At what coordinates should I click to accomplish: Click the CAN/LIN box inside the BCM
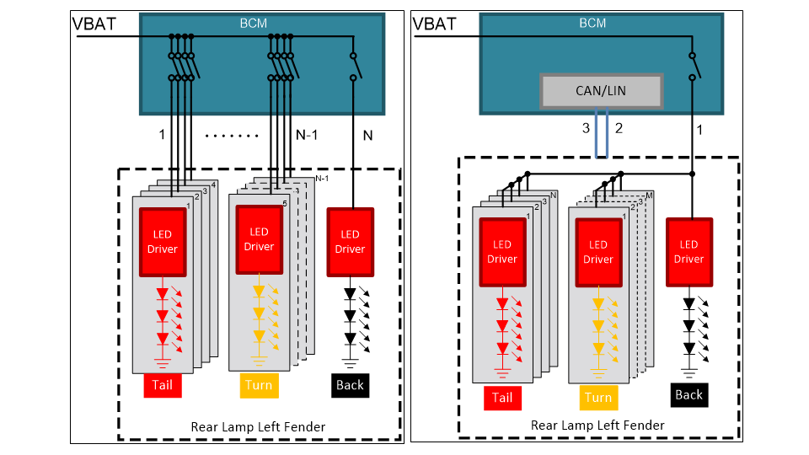[x=601, y=90]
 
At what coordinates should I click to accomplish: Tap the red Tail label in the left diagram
[x=161, y=386]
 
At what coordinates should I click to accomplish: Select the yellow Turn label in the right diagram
[x=598, y=398]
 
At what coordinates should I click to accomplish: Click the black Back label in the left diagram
[x=349, y=385]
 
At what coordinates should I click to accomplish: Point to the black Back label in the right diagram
[x=688, y=394]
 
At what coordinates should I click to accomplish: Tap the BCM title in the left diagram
[x=254, y=24]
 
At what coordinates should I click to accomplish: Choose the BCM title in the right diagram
[x=592, y=24]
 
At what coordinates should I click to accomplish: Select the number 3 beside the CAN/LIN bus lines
[x=585, y=129]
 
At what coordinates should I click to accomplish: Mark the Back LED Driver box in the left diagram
[x=350, y=241]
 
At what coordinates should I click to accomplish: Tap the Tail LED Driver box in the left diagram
[x=163, y=242]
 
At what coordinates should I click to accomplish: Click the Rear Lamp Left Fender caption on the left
[x=258, y=426]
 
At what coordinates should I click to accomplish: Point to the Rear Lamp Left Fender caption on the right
[x=597, y=425]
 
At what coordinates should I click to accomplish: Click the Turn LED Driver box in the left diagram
[x=259, y=239]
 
